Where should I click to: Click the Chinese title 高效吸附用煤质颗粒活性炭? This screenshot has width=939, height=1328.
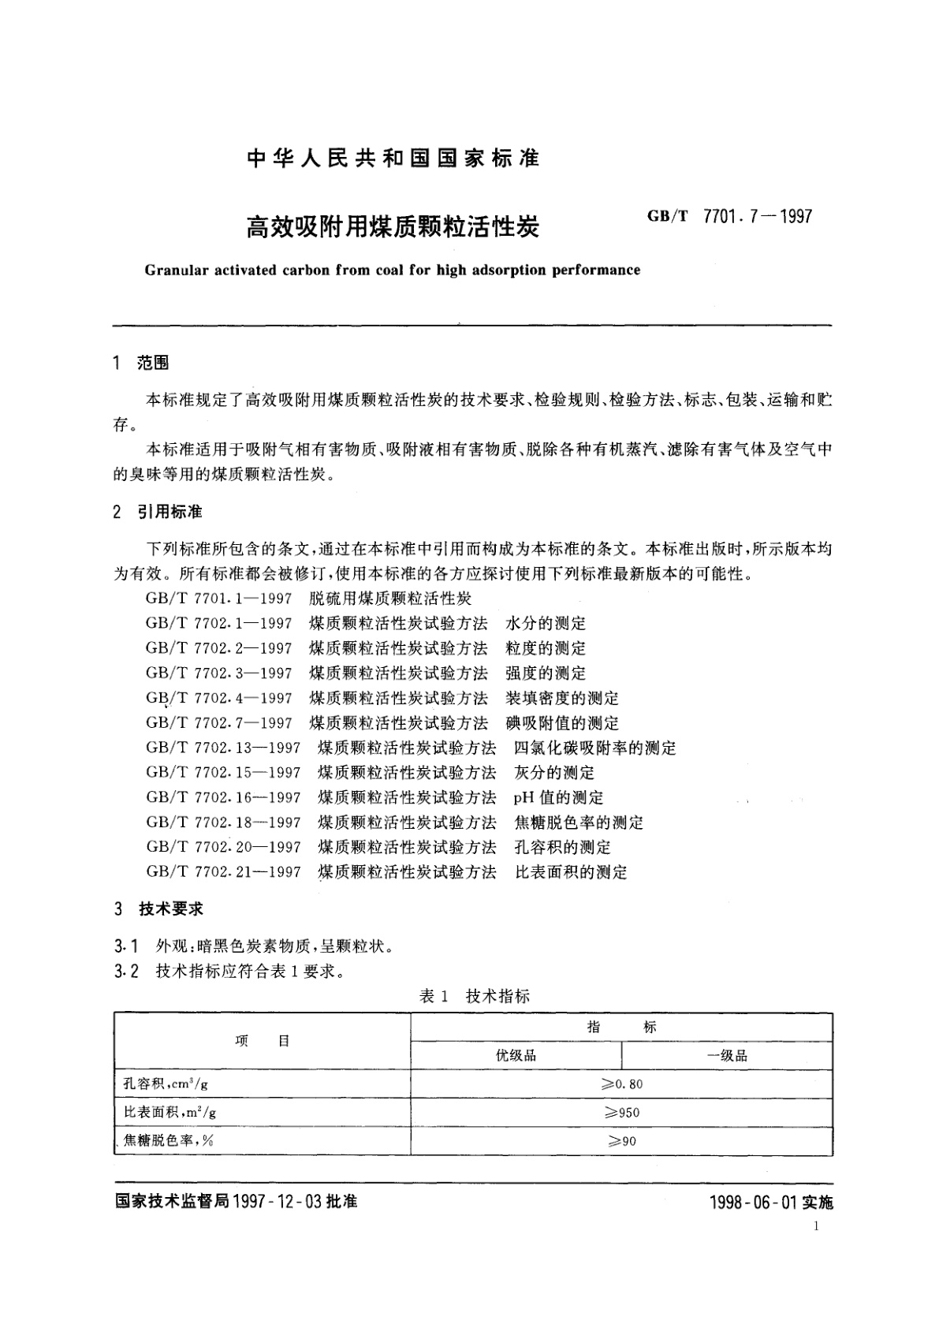click(x=393, y=228)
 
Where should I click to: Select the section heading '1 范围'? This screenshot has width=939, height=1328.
click(x=141, y=363)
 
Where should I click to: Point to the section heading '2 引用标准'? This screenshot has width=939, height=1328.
click(x=158, y=513)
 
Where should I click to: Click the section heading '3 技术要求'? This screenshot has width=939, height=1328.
click(x=158, y=908)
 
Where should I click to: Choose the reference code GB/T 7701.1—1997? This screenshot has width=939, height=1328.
click(x=218, y=599)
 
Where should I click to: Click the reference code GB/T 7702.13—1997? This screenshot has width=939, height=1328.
click(x=223, y=748)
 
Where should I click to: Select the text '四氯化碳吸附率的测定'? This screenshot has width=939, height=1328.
click(x=594, y=748)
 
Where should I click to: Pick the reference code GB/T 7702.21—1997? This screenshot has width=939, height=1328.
click(x=223, y=872)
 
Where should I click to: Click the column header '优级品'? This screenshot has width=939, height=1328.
click(x=516, y=1055)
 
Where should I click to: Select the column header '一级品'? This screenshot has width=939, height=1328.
click(x=726, y=1055)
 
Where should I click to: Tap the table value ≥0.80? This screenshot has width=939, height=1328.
click(x=621, y=1084)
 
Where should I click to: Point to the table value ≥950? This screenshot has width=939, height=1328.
click(x=621, y=1113)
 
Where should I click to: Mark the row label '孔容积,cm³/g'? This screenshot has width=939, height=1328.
click(x=166, y=1084)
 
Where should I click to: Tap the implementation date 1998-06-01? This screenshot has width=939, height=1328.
click(x=753, y=1203)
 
